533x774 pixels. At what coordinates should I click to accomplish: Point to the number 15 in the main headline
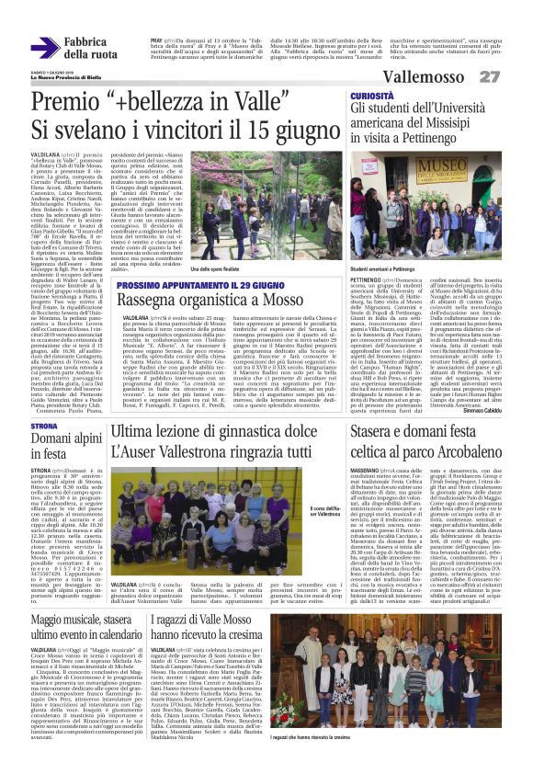click(x=255, y=131)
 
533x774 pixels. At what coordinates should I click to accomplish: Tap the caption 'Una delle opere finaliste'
click(x=221, y=268)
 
